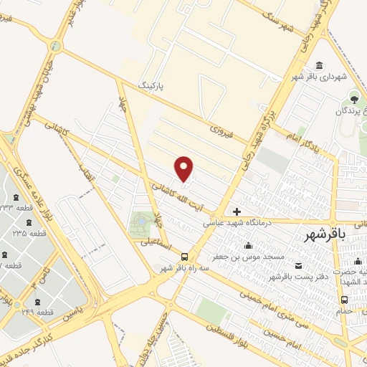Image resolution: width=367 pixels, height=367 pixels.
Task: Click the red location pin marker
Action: point(184,168)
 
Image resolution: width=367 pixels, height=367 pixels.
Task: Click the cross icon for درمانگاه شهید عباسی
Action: point(237,211)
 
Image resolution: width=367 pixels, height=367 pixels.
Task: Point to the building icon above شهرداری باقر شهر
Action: point(319,64)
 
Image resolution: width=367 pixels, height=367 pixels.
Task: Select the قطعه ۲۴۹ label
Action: point(36,312)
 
